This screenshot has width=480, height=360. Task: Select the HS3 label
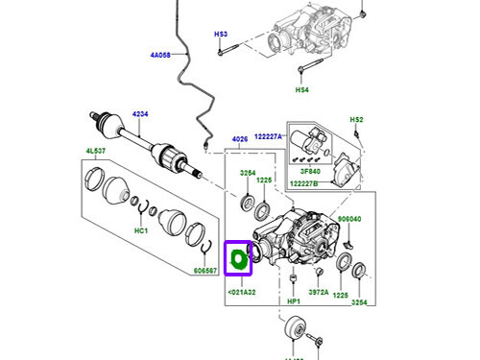click(x=220, y=35)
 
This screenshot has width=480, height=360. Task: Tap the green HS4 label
click(x=300, y=90)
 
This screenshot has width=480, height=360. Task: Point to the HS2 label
click(x=356, y=119)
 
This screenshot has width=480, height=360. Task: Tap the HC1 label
click(x=140, y=231)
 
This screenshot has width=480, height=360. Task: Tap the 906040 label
click(x=349, y=220)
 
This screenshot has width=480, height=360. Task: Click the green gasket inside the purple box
click(x=237, y=258)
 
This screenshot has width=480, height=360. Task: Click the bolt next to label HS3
click(x=220, y=52)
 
